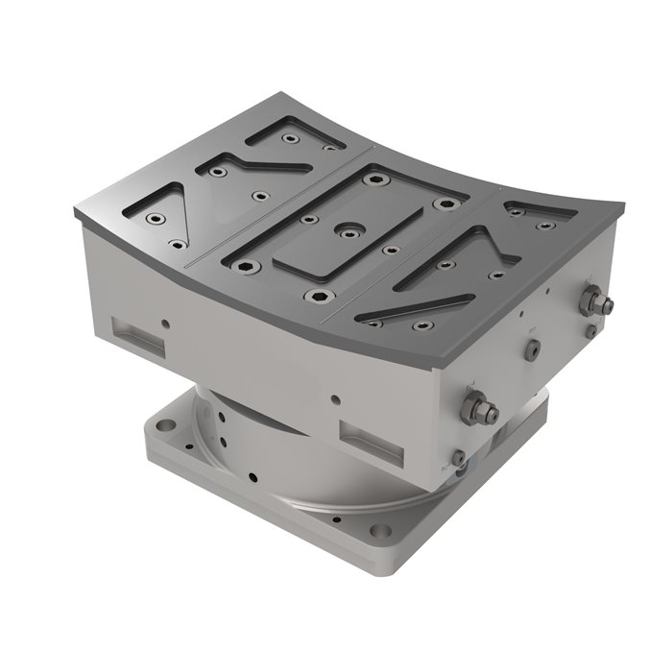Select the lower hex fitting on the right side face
pyautogui.click(x=477, y=411)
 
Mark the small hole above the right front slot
pyautogui.click(x=334, y=398)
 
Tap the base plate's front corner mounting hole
pyautogui.click(x=380, y=531)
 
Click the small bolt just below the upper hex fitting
pyautogui.click(x=591, y=330)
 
